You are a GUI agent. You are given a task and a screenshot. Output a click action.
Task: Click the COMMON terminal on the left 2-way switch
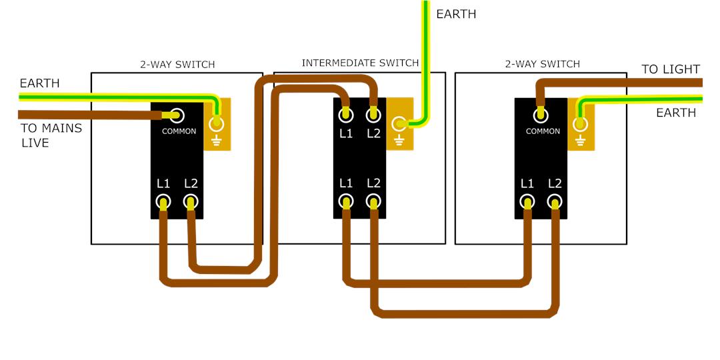point(177,115)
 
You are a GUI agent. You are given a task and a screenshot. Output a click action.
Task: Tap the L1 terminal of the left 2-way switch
point(163,201)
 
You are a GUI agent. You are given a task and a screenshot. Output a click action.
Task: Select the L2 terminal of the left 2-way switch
point(191,201)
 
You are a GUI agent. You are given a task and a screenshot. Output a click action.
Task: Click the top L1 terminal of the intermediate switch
point(345,115)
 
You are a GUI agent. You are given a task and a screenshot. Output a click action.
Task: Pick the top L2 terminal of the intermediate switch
point(373,115)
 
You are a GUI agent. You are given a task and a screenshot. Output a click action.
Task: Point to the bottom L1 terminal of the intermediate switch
point(345,201)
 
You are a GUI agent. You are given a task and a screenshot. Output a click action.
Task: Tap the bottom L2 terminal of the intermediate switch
point(373,201)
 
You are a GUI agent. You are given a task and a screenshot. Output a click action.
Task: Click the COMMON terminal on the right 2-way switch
point(541,115)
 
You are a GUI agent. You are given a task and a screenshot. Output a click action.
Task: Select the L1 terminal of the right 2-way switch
point(527,201)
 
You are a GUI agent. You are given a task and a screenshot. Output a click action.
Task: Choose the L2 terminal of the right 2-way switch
point(555,201)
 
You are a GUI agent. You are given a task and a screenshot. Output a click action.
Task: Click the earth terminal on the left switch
point(216,123)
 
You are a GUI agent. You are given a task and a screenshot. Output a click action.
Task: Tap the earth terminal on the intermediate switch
point(399,123)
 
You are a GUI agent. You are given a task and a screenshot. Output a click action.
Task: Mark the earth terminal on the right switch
point(580,123)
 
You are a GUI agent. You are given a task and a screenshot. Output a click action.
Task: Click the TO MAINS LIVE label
point(51,135)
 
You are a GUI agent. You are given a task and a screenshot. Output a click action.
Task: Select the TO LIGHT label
point(671,69)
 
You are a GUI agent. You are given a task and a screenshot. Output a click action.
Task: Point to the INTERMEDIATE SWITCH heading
point(360,63)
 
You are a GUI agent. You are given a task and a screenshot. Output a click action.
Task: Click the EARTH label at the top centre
point(456,14)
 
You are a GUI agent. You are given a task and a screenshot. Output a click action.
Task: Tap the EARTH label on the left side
point(39,83)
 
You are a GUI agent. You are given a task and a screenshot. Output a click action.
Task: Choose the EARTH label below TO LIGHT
point(676,113)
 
